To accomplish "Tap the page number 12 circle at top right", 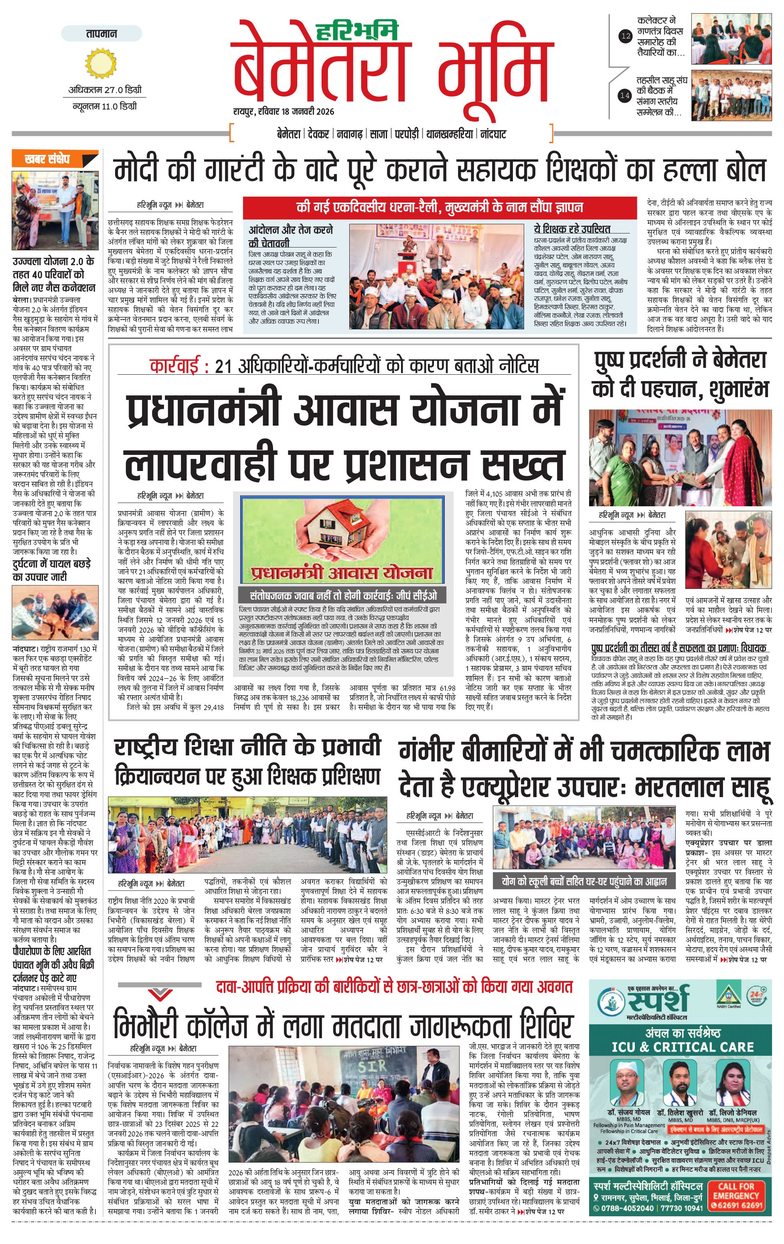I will point(626,36).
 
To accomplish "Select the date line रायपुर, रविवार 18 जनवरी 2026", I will point(284,112).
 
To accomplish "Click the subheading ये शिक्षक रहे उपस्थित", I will point(572,229).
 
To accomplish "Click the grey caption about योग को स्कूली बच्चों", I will point(584,880).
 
